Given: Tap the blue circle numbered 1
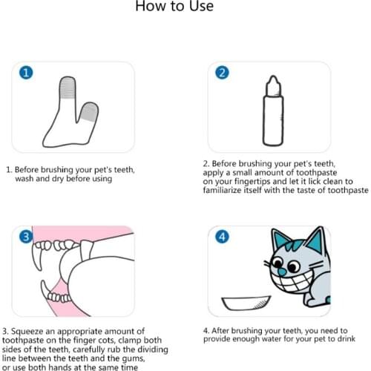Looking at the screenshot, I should tap(26, 73).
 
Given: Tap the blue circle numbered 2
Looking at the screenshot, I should tap(220, 73).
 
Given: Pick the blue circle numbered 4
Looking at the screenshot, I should tap(220, 237).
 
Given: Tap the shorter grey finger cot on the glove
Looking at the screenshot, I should tap(88, 112).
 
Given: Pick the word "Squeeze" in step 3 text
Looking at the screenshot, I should tap(30, 330).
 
